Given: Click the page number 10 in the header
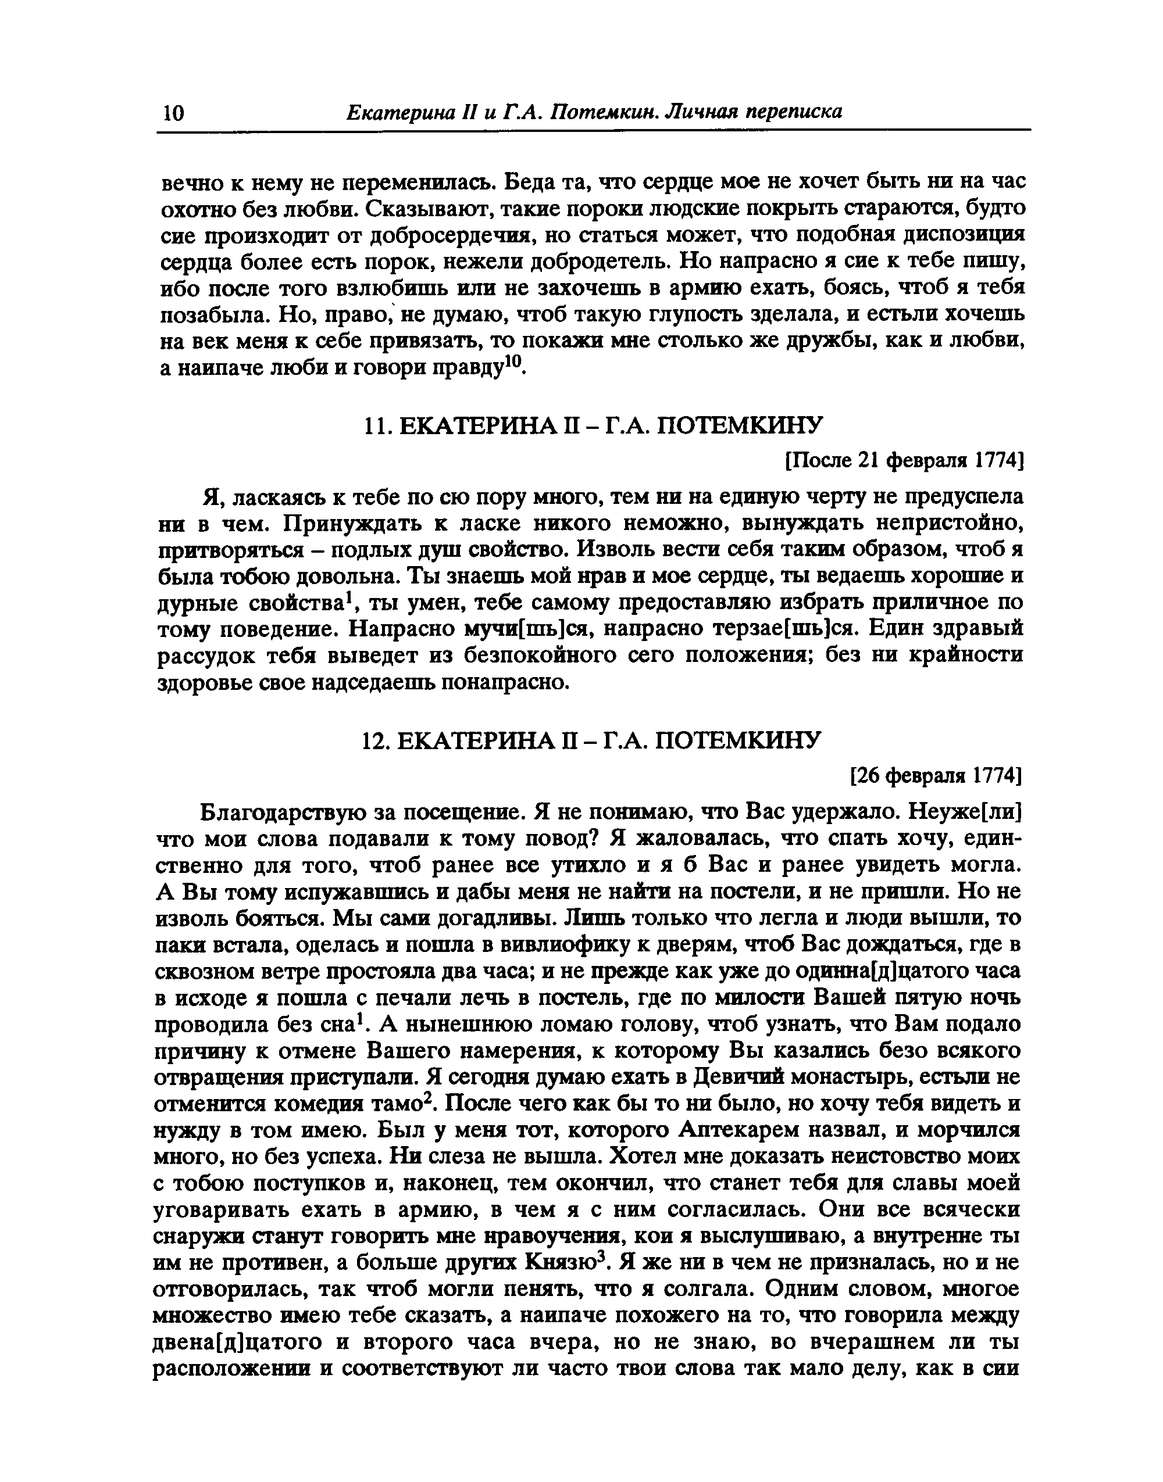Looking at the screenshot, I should (173, 112).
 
